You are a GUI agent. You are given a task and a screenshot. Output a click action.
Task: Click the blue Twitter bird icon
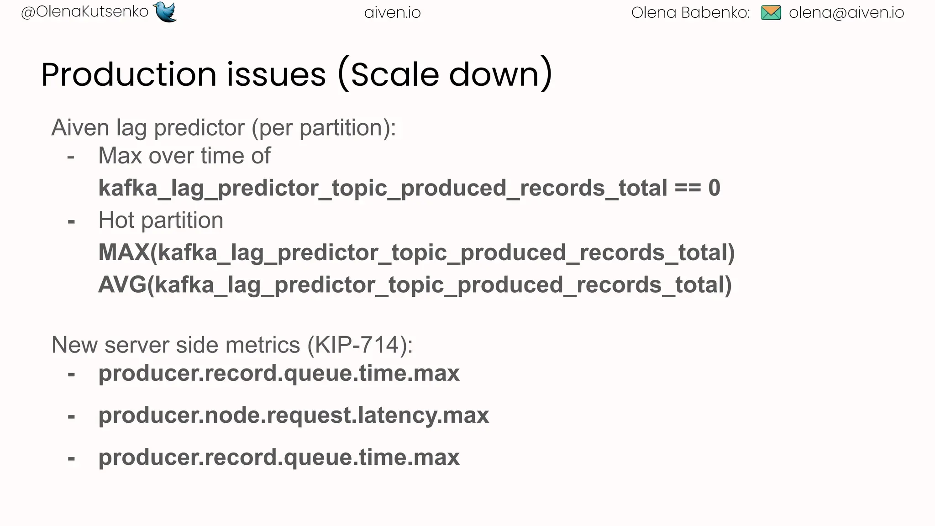pos(165,12)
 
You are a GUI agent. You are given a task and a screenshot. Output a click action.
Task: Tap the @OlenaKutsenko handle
pos(85,12)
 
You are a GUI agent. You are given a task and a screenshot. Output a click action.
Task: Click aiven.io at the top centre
pos(392,13)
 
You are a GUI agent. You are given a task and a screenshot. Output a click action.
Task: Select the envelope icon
pos(771,13)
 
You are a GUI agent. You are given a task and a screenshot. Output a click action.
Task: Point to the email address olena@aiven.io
pos(846,13)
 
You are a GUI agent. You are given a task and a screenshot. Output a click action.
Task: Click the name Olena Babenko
pos(690,13)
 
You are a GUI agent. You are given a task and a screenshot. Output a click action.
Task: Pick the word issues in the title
pos(276,74)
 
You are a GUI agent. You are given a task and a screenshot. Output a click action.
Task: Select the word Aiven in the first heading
pos(80,127)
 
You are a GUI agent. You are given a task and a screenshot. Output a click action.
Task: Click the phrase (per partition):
pos(324,128)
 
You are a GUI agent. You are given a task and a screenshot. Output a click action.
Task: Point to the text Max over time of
pos(184,156)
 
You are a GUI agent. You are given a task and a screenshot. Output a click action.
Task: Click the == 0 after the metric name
pos(697,188)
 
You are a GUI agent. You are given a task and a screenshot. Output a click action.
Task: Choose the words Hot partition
pos(161,221)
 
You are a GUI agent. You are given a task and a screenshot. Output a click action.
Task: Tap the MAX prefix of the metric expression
pos(124,252)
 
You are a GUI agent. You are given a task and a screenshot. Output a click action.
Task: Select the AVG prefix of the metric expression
pos(122,285)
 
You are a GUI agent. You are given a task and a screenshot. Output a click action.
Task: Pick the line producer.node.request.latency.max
pos(294,416)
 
